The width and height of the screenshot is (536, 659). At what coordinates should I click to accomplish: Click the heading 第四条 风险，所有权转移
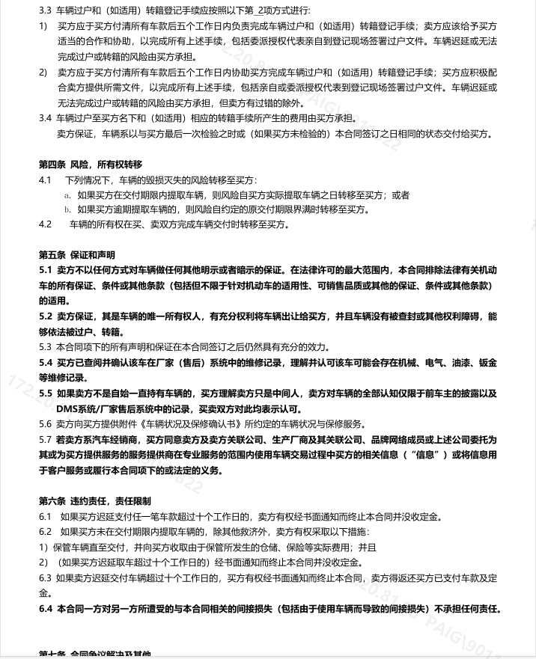[91, 165]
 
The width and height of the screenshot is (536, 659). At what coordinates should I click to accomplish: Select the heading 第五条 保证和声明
[77, 255]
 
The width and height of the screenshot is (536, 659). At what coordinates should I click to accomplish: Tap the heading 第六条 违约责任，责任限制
[95, 500]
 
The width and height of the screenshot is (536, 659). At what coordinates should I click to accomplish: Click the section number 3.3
[45, 10]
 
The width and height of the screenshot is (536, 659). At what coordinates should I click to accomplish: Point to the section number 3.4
[45, 118]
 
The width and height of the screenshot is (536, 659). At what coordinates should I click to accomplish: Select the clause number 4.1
[45, 180]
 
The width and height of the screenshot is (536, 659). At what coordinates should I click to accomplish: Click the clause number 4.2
[45, 224]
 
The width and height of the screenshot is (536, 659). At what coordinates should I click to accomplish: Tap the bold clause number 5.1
[45, 270]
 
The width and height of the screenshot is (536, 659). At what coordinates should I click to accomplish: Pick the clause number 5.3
[45, 347]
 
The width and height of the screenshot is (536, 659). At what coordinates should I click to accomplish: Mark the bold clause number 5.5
[45, 393]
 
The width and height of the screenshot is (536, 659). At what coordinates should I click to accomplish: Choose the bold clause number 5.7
[45, 440]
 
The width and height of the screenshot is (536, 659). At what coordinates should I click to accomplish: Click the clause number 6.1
[45, 516]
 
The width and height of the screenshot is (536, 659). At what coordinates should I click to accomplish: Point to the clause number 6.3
[45, 577]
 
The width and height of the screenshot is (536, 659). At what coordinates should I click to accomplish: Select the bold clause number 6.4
[45, 609]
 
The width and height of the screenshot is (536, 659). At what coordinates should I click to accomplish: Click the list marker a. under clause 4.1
[68, 195]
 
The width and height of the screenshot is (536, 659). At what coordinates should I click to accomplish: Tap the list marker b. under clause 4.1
[68, 209]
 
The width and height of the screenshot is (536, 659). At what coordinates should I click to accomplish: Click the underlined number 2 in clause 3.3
[261, 10]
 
